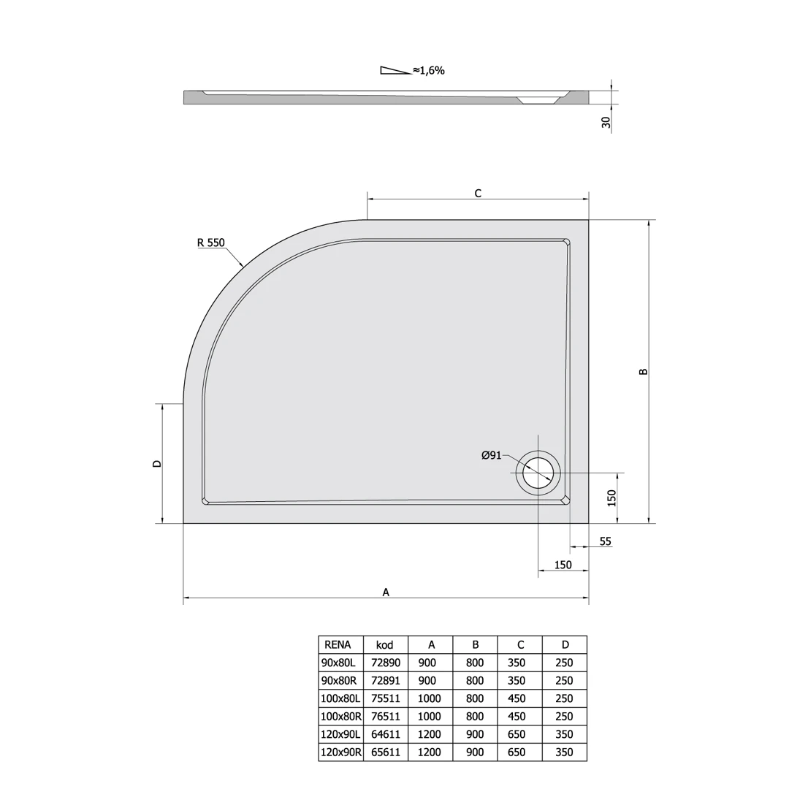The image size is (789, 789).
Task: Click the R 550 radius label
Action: pyautogui.click(x=211, y=243)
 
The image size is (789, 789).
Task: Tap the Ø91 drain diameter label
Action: pyautogui.click(x=492, y=455)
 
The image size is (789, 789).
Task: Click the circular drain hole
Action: pyautogui.click(x=538, y=473)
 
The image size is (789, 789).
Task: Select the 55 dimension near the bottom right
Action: pyautogui.click(x=606, y=541)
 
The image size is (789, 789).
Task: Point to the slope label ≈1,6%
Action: pyautogui.click(x=429, y=70)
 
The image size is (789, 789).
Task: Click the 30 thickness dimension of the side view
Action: pyautogui.click(x=606, y=122)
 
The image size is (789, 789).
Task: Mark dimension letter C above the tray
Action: pyautogui.click(x=478, y=193)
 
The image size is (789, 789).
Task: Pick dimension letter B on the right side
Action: pyautogui.click(x=644, y=372)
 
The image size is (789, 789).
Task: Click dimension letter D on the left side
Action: pyautogui.click(x=157, y=463)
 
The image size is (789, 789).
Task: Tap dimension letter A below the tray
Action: pyautogui.click(x=386, y=592)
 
